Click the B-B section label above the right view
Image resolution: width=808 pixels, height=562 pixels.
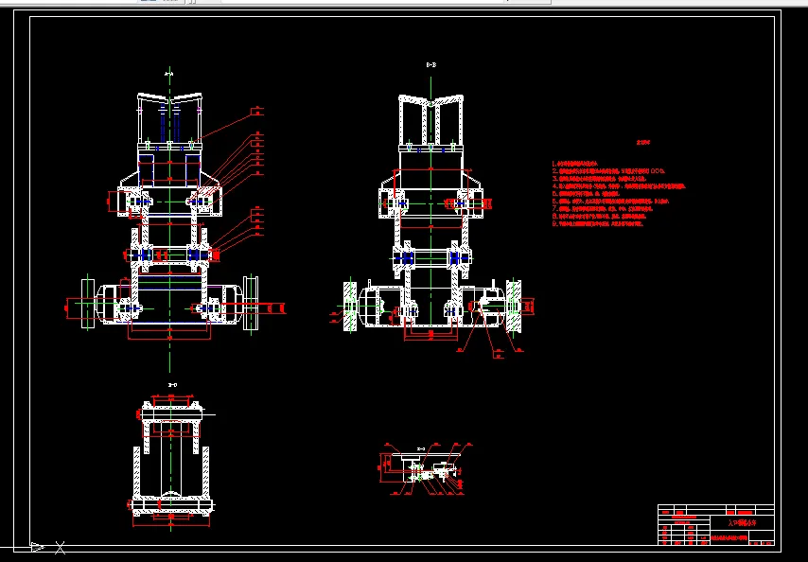point(430,64)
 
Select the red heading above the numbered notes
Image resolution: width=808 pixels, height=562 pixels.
point(643,144)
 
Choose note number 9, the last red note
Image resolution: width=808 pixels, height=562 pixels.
point(598,224)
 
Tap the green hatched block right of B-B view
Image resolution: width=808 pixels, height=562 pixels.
point(514,306)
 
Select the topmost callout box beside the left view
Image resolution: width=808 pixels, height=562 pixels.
point(256,112)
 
